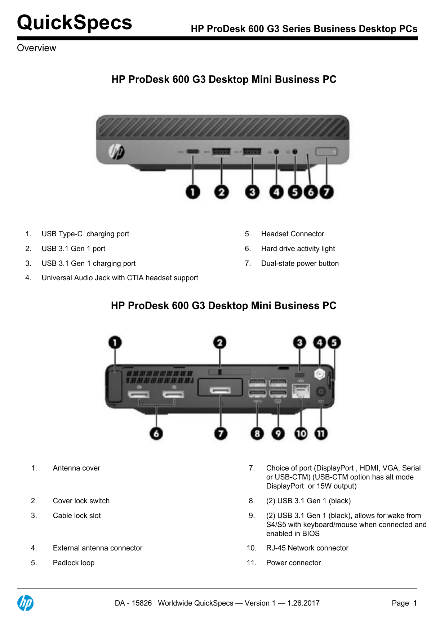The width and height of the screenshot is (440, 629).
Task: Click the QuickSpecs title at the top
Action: pos(75,23)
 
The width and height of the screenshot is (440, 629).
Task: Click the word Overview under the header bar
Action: pos(36,48)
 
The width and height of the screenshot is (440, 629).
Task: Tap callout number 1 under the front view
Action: pos(193,192)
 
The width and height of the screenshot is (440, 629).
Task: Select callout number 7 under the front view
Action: pos(326,192)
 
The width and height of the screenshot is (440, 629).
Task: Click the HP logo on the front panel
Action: pos(117,151)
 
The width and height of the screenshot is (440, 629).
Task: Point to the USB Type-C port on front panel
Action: pos(193,152)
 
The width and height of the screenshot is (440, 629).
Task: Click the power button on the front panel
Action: pos(326,152)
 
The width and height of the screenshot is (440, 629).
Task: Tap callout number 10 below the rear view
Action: pos(301,433)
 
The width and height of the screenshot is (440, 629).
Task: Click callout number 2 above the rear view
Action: pos(220,343)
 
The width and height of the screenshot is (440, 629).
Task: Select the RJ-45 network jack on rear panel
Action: pos(301,391)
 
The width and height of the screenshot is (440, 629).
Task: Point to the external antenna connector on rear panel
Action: pos(320,374)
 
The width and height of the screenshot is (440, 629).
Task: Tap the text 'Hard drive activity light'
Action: pos(298,249)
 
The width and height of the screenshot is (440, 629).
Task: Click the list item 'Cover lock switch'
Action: pos(81,501)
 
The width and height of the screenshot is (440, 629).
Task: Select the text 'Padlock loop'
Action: pos(74,563)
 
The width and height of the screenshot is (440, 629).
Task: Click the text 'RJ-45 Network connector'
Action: pos(307,548)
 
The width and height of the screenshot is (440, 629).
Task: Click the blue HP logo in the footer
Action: pos(26,603)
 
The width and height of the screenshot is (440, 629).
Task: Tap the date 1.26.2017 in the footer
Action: pos(303,603)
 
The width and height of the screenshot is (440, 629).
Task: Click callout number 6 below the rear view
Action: pos(156,433)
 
